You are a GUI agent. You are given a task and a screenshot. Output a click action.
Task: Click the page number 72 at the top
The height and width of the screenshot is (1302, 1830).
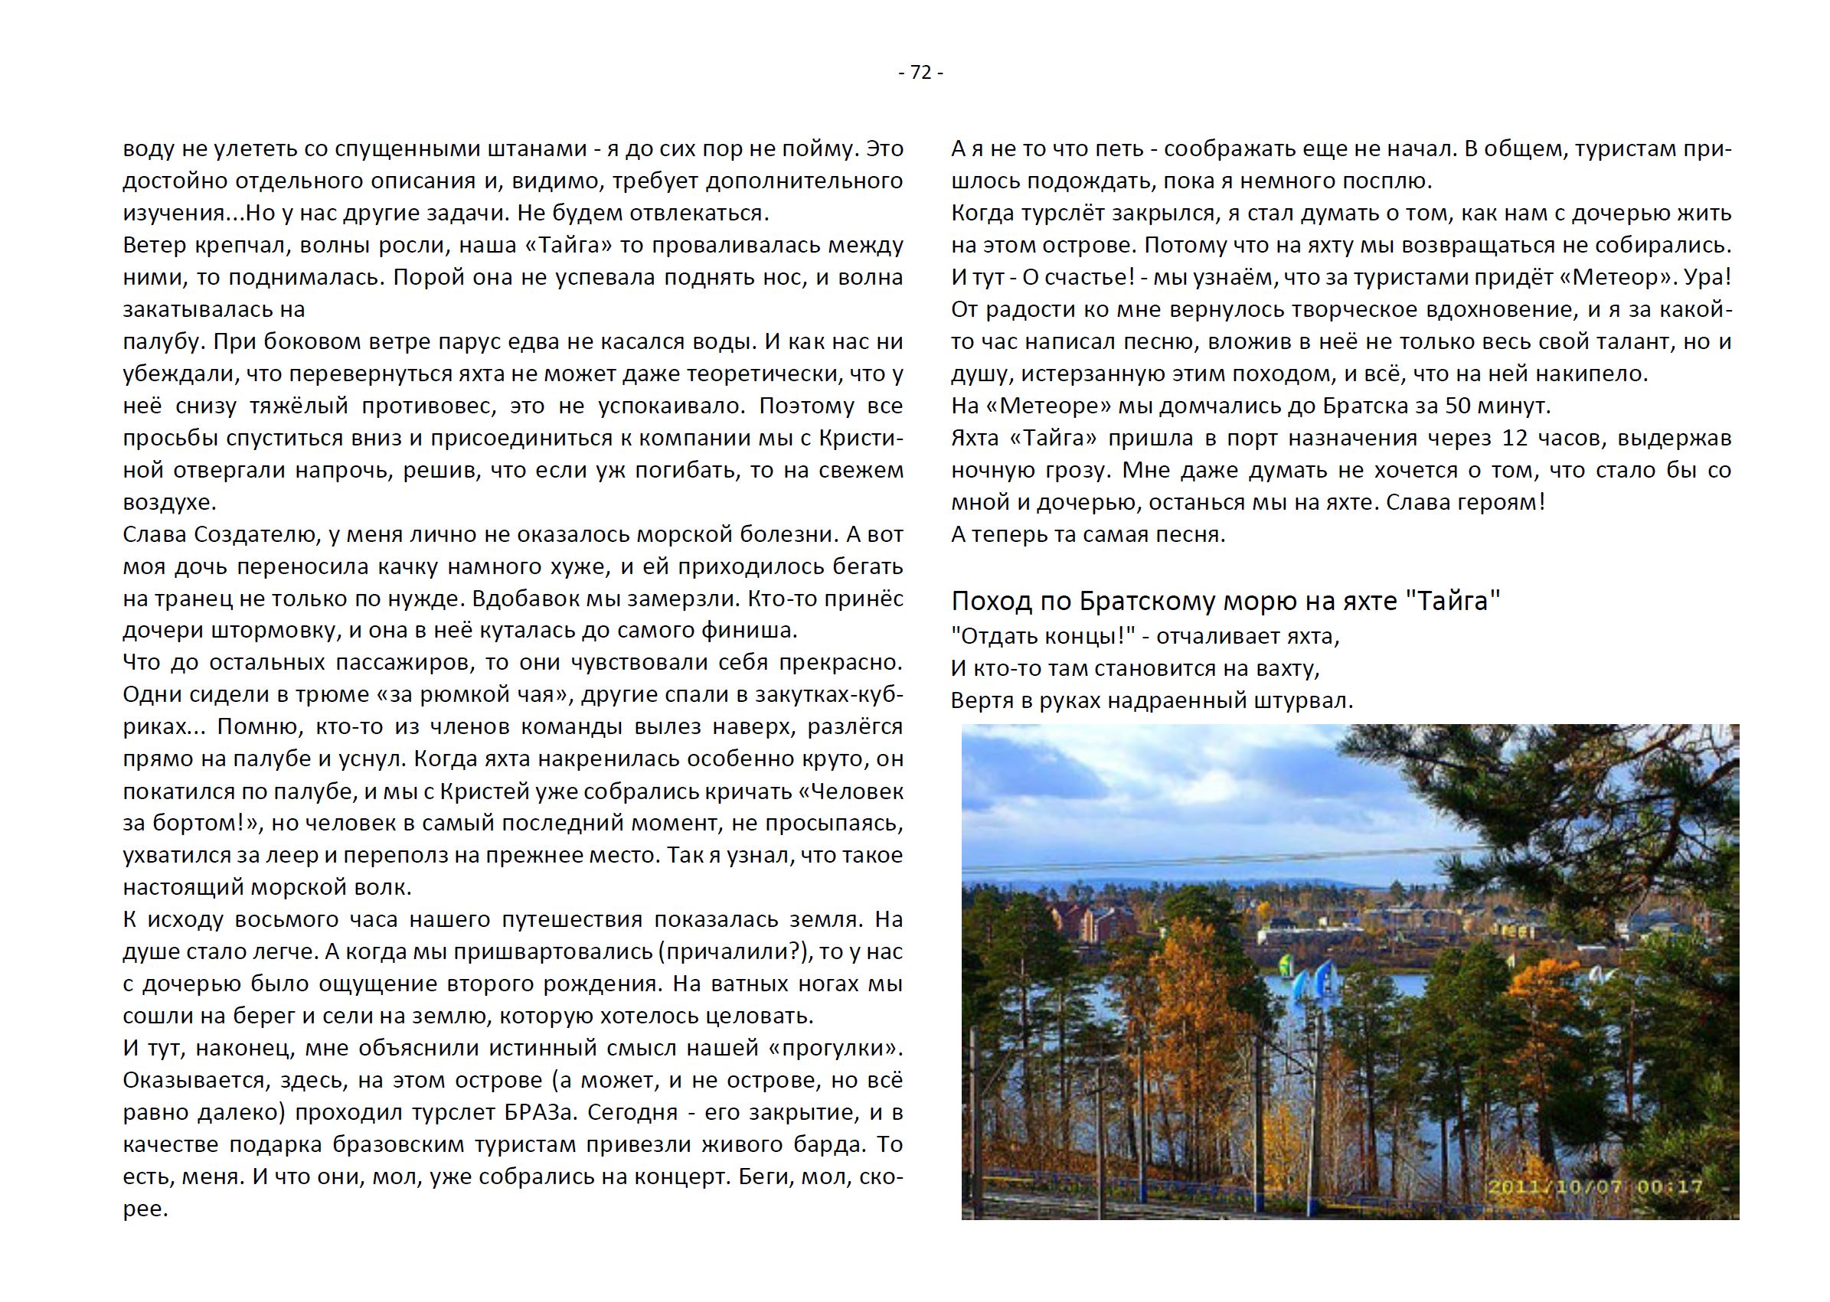click(921, 73)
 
